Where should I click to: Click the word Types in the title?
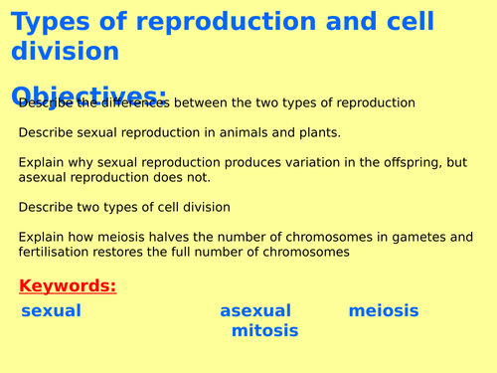click(x=49, y=21)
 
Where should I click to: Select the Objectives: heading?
click(x=89, y=93)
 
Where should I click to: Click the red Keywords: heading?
click(x=67, y=286)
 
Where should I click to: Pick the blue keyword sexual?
click(x=51, y=311)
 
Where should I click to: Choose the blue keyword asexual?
click(x=255, y=311)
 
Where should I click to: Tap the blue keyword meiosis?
click(x=384, y=311)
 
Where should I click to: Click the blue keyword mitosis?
click(x=264, y=331)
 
